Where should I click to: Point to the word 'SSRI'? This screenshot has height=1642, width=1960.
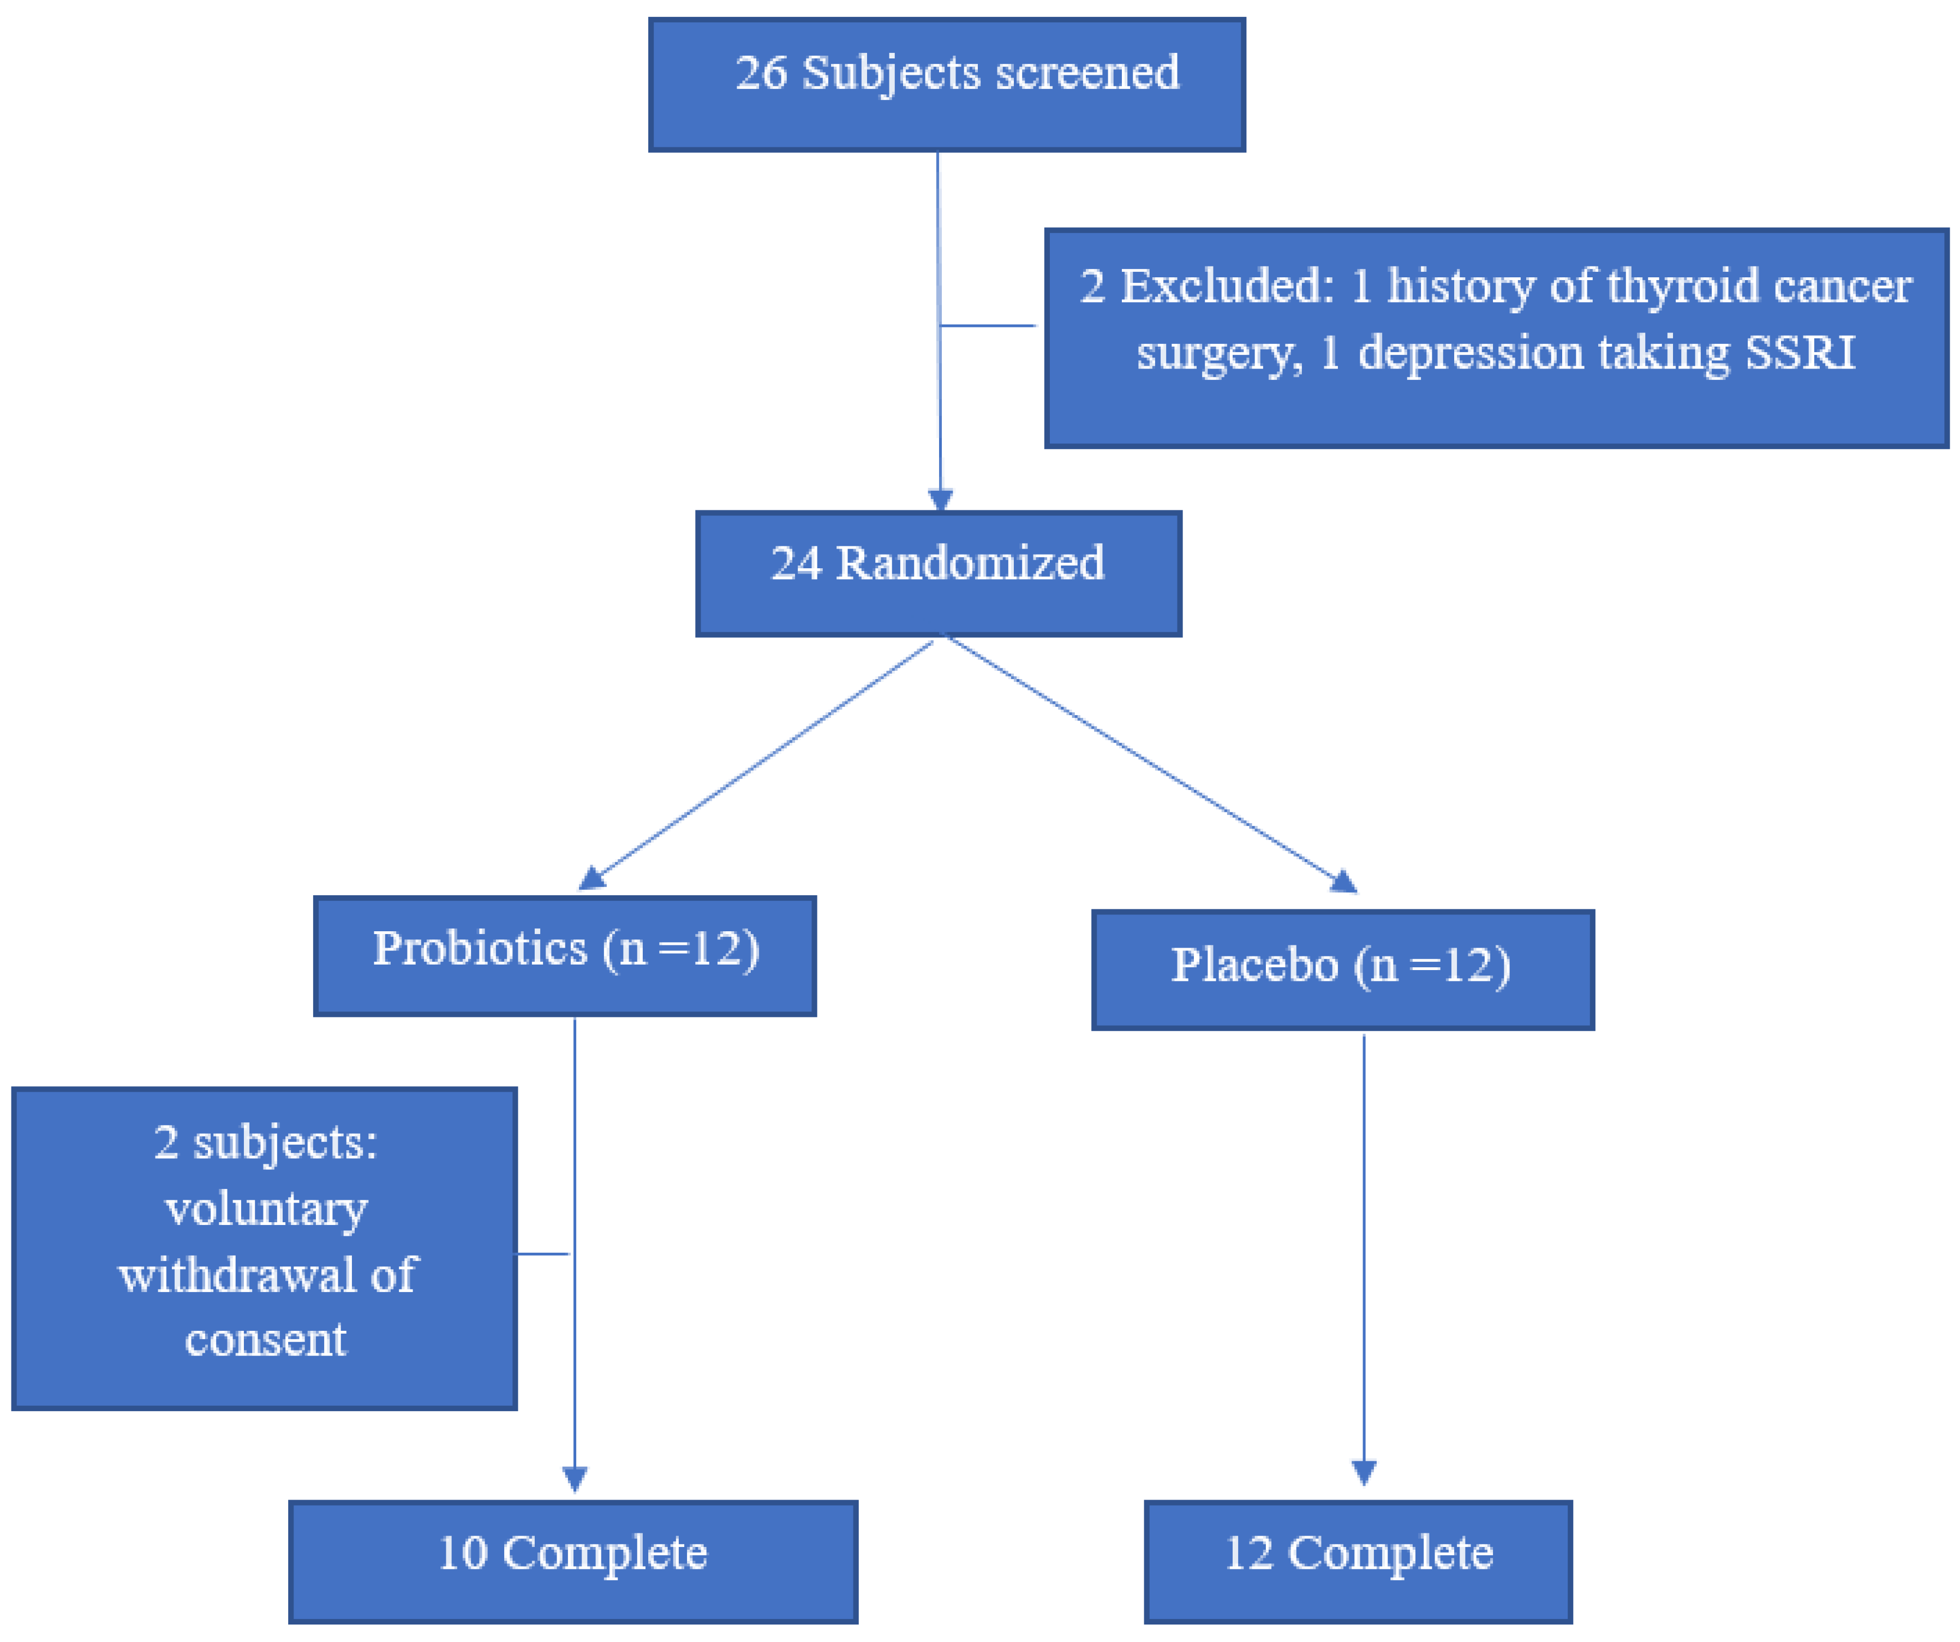[x=1800, y=353]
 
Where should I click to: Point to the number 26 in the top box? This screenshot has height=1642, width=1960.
[x=761, y=73]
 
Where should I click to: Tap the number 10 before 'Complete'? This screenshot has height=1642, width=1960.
[x=462, y=1554]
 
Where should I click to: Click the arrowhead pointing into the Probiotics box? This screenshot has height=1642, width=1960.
[x=591, y=878]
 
